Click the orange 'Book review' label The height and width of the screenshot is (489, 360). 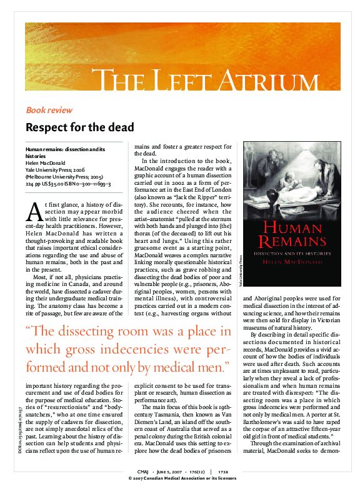click(49, 110)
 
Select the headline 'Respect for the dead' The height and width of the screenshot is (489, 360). click(80, 127)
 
